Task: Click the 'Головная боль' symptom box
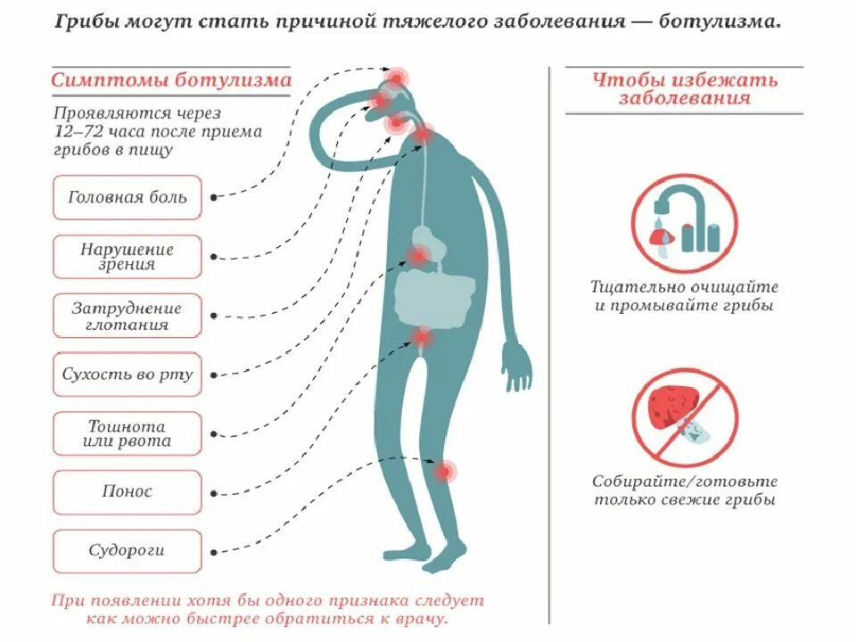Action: click(128, 197)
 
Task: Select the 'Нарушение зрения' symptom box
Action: click(128, 257)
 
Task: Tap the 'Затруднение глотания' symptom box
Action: click(128, 317)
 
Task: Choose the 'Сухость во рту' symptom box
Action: click(128, 374)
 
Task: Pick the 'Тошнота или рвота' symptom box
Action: click(128, 433)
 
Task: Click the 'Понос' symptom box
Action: click(128, 491)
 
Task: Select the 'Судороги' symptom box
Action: click(128, 551)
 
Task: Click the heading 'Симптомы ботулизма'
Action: click(170, 80)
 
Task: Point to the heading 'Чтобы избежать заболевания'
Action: click(685, 89)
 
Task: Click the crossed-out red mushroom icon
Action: click(685, 411)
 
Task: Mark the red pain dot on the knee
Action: click(445, 470)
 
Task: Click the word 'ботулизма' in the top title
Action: click(720, 21)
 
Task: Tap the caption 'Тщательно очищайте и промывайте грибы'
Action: click(685, 296)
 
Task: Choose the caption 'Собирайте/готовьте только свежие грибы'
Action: click(685, 490)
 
